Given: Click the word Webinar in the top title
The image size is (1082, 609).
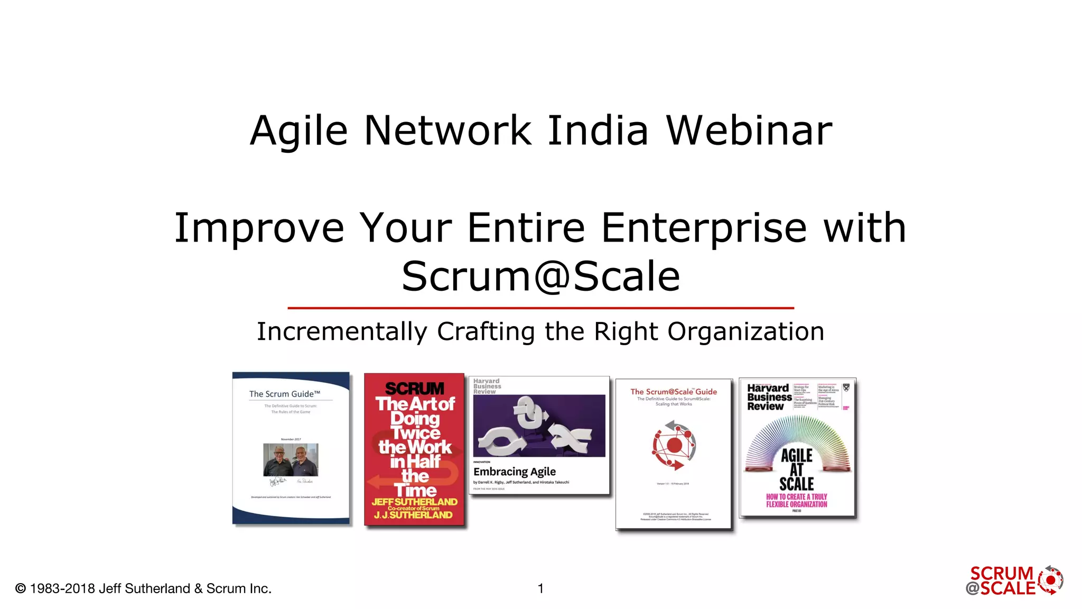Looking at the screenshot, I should click(749, 131).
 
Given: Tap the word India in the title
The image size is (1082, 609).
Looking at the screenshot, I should click(598, 131).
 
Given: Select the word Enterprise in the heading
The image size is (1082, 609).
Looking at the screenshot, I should click(704, 228).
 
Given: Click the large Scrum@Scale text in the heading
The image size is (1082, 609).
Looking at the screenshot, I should click(540, 276).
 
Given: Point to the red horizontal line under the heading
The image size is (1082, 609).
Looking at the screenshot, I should click(540, 308).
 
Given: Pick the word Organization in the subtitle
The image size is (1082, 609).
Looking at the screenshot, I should click(745, 332).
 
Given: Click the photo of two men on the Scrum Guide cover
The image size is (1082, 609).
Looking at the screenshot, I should click(291, 459).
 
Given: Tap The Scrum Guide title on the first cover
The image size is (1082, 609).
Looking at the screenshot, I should click(284, 394).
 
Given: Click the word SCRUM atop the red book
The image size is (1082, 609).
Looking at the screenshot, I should click(415, 389).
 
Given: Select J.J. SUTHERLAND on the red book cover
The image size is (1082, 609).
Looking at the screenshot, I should click(413, 515).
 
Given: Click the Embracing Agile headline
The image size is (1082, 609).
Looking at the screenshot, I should click(514, 472).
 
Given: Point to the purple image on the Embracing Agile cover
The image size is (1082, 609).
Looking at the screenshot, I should click(539, 426).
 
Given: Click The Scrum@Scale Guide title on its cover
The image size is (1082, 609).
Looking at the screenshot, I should click(673, 392).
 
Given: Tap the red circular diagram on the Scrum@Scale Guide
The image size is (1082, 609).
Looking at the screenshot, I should click(674, 445).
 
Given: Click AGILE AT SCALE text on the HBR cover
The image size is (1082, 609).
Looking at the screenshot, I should click(797, 469).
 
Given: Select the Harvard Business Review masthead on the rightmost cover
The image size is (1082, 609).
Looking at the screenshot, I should click(769, 397).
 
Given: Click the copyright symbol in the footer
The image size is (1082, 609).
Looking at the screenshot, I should click(21, 588).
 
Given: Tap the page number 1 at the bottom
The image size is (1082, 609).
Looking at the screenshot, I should click(540, 588).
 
